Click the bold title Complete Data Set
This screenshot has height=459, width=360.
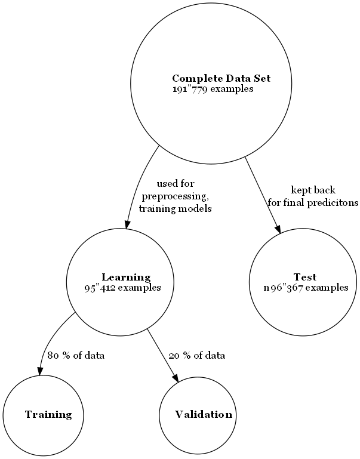pos(221,79)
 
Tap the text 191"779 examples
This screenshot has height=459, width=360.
pos(213,89)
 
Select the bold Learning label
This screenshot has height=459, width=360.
pos(126,277)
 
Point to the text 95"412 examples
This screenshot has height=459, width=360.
pos(122,287)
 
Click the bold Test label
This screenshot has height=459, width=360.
pos(304,277)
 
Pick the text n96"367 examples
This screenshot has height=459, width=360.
pos(305,287)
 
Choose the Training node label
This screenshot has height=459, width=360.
pos(48,414)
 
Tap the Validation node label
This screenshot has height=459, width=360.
pos(203,414)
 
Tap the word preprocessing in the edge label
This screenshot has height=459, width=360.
pos(175,196)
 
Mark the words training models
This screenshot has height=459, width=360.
pos(175,209)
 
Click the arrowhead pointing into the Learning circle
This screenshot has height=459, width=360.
pos(127,224)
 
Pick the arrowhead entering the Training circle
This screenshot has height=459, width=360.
pos(41,371)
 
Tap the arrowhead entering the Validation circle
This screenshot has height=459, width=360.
pos(176,376)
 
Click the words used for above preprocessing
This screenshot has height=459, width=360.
pos(175,184)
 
